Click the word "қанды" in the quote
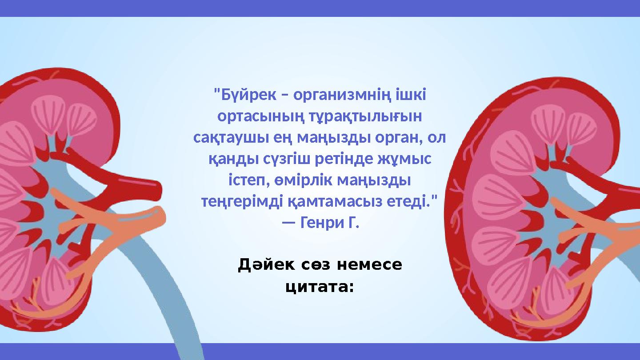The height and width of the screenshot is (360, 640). coord(228,159)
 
